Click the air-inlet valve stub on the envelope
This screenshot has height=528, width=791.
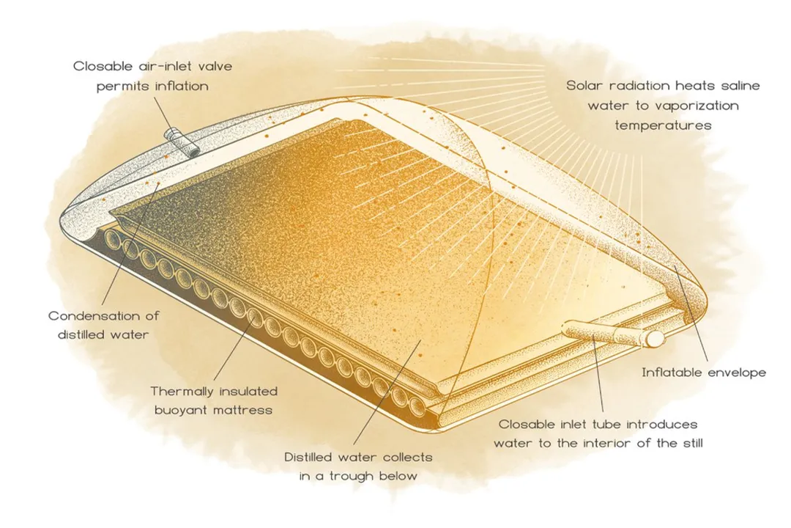[182, 143]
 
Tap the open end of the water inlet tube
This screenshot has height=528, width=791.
[653, 339]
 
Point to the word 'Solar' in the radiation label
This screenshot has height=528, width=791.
[586, 86]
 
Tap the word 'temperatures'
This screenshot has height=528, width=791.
[663, 125]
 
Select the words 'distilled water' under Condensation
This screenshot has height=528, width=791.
[103, 336]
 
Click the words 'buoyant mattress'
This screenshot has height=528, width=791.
[212, 411]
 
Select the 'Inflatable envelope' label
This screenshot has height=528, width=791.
[704, 373]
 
